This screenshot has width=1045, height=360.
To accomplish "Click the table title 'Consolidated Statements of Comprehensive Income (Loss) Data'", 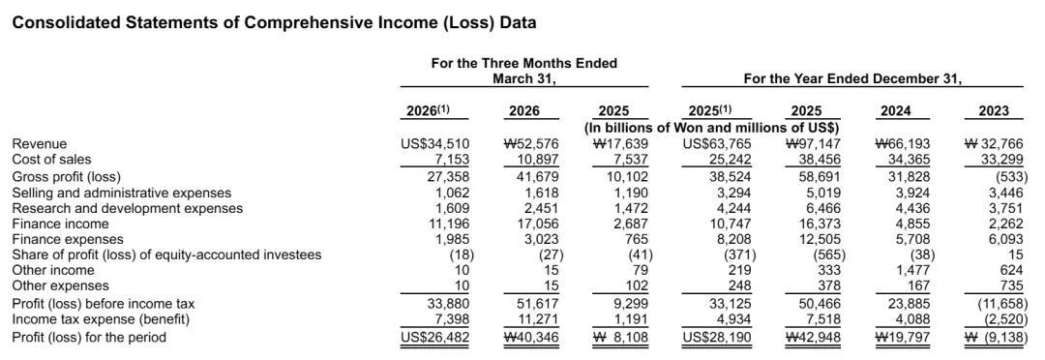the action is [275, 22].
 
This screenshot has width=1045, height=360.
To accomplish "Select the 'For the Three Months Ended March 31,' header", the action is [523, 71].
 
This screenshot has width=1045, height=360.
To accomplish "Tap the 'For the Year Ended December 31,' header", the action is [852, 78].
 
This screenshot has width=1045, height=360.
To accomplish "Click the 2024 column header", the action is [896, 110].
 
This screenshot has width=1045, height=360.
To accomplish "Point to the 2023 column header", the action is [994, 110].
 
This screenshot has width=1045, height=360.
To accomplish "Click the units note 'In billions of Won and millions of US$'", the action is [711, 127].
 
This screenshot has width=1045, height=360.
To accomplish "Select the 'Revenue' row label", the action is [40, 143].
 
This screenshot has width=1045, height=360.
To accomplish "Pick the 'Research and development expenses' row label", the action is [128, 209].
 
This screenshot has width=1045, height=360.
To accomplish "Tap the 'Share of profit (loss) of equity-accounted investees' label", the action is [167, 255].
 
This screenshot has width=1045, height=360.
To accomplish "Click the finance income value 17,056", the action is [538, 225].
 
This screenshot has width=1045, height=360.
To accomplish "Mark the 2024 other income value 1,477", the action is [917, 271].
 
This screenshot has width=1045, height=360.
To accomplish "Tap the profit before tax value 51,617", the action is [538, 304].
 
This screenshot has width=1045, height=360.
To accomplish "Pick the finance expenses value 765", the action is [638, 239].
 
